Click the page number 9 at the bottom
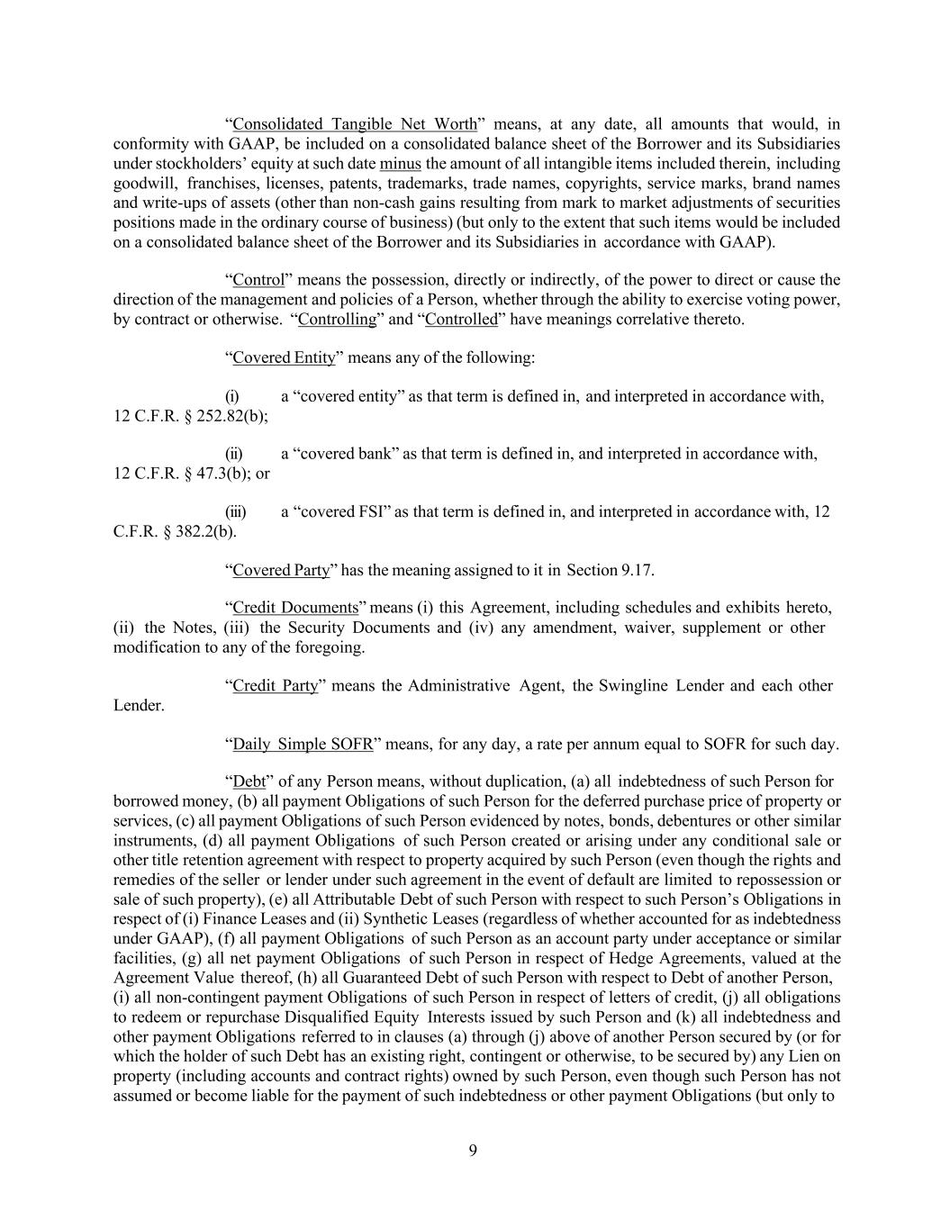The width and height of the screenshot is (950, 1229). click(473, 1150)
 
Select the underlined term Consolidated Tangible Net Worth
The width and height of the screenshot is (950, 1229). click(354, 124)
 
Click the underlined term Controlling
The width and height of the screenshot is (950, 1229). click(337, 320)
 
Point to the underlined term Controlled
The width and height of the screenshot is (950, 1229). click(461, 320)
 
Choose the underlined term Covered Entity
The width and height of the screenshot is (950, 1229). click(284, 358)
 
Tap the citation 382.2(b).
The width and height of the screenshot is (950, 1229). click(200, 531)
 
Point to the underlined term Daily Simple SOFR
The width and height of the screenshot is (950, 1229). click(303, 745)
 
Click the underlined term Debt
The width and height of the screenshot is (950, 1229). click(249, 782)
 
